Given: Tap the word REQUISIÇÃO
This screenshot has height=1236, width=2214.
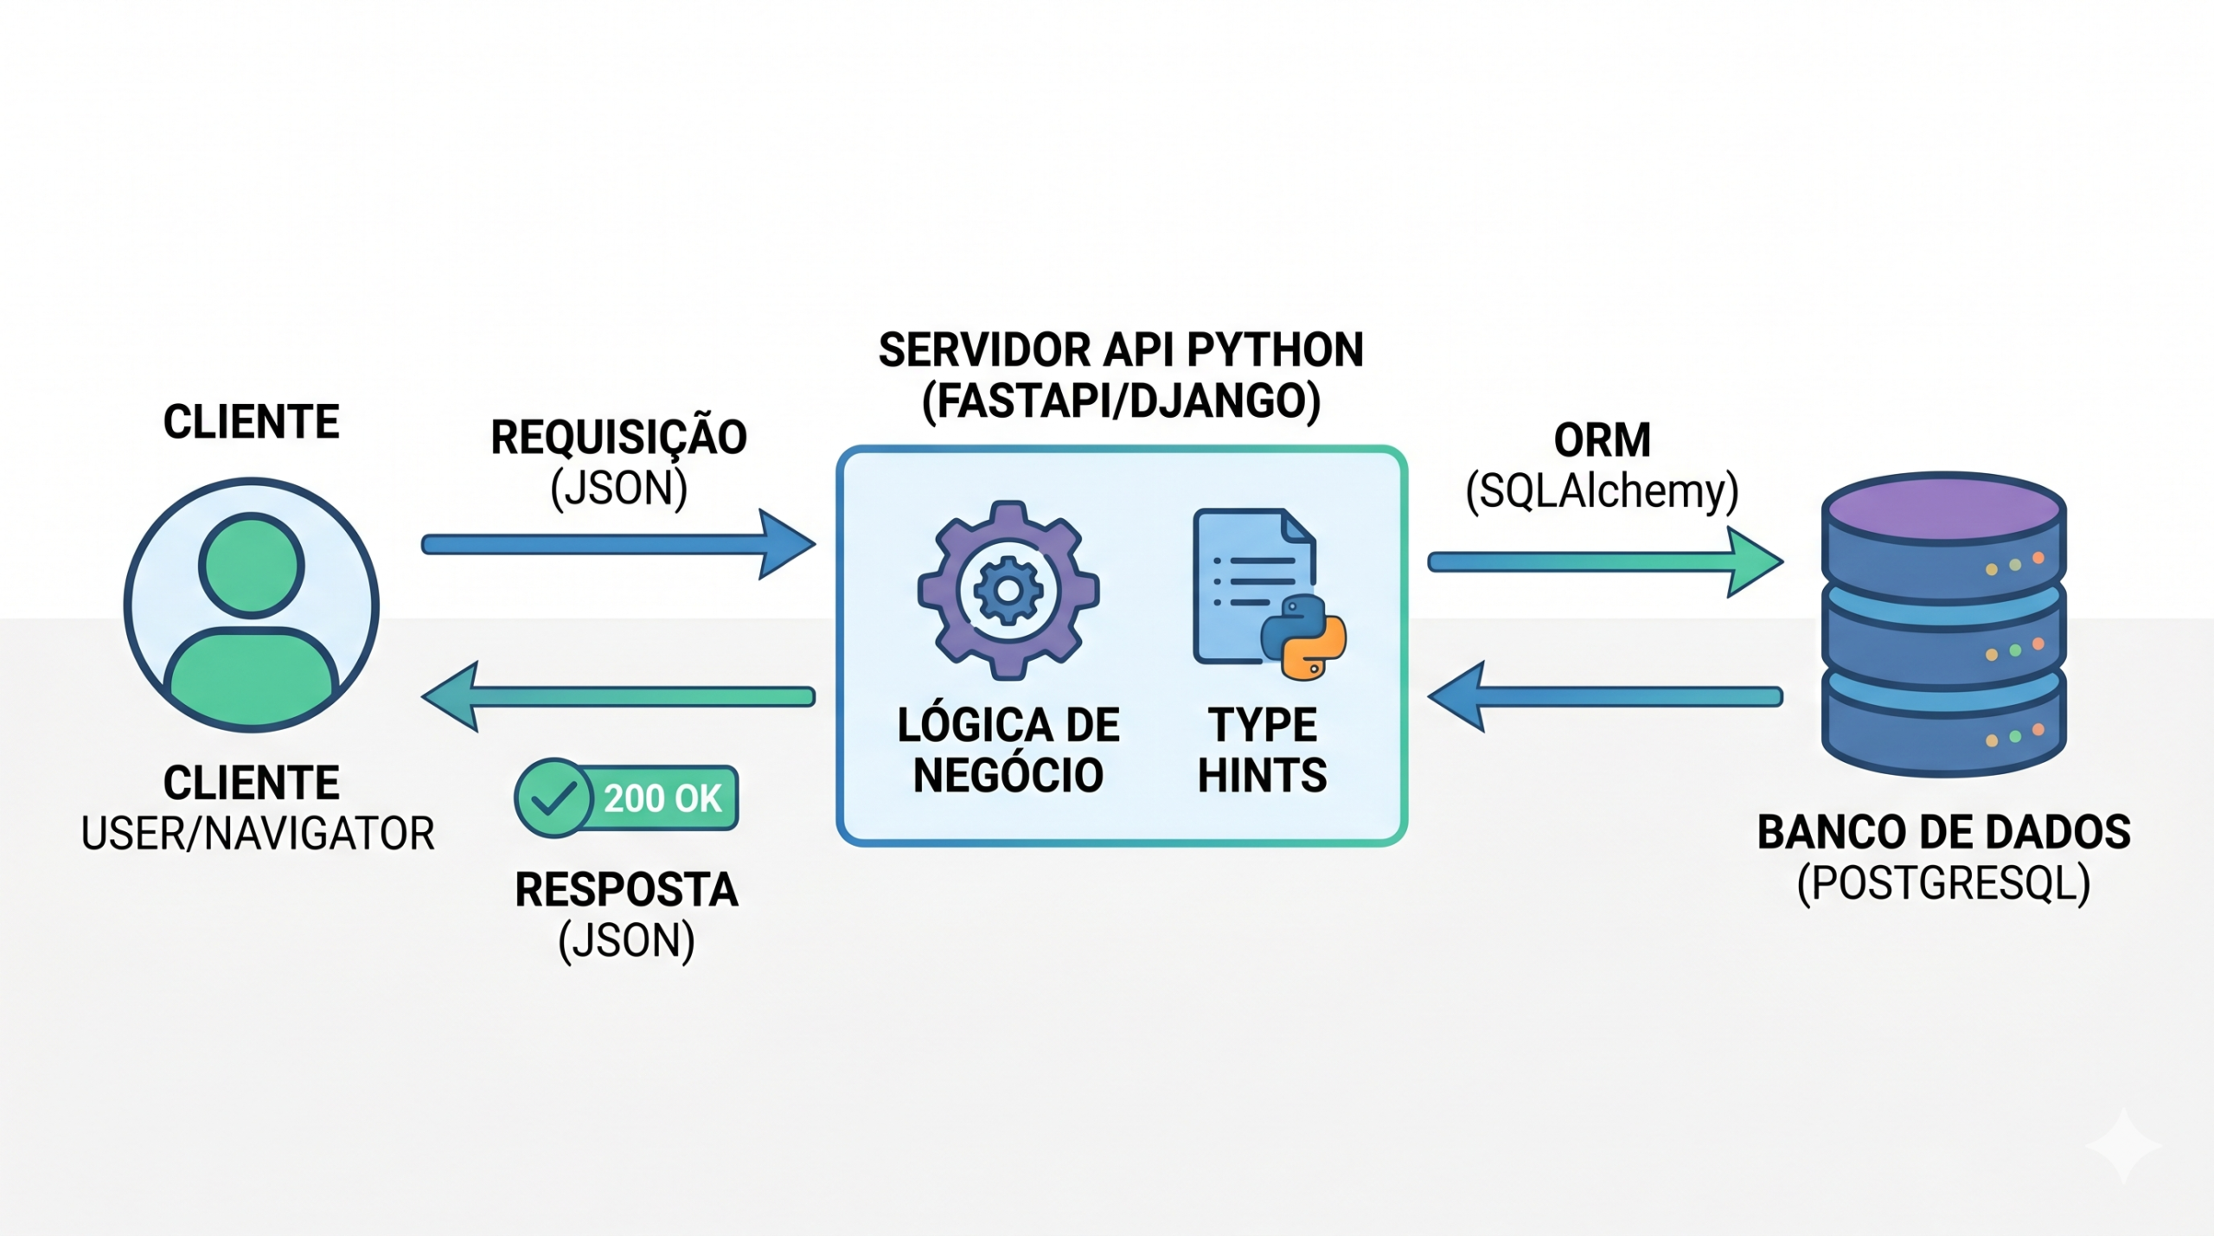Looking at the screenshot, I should pos(618,438).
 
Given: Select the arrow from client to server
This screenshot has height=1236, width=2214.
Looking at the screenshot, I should pos(617,545).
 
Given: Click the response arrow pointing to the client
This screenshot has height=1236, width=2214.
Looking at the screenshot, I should pos(617,696).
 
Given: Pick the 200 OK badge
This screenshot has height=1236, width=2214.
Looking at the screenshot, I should pos(627,797).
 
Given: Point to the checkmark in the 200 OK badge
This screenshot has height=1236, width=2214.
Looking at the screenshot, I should pos(553,797).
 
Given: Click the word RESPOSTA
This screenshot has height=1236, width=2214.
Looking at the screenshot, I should pos(626,890).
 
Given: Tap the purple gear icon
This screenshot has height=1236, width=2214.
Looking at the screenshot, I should pos(1008,590).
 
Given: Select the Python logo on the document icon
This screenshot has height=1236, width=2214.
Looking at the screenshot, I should pos(1303,637).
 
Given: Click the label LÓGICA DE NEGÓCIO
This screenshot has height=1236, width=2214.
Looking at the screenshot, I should pos(1008,750).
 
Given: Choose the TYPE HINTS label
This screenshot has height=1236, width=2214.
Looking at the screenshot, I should pos(1262,750).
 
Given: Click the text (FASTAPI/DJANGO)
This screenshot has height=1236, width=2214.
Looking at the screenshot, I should pos(1121,401).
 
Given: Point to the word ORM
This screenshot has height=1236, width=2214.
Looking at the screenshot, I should pos(1602,440).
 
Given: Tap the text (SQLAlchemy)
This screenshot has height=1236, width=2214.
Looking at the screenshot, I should pos(1602,491).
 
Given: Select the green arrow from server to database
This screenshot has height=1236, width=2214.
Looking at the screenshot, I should pos(1604,563).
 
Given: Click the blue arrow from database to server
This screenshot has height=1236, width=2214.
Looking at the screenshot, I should pos(1604,696).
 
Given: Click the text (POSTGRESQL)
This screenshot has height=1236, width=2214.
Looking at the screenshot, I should pos(1943,884).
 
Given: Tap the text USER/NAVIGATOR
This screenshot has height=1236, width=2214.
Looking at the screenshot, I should pos(258,834).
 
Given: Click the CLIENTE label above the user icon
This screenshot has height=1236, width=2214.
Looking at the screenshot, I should pos(252,422).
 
